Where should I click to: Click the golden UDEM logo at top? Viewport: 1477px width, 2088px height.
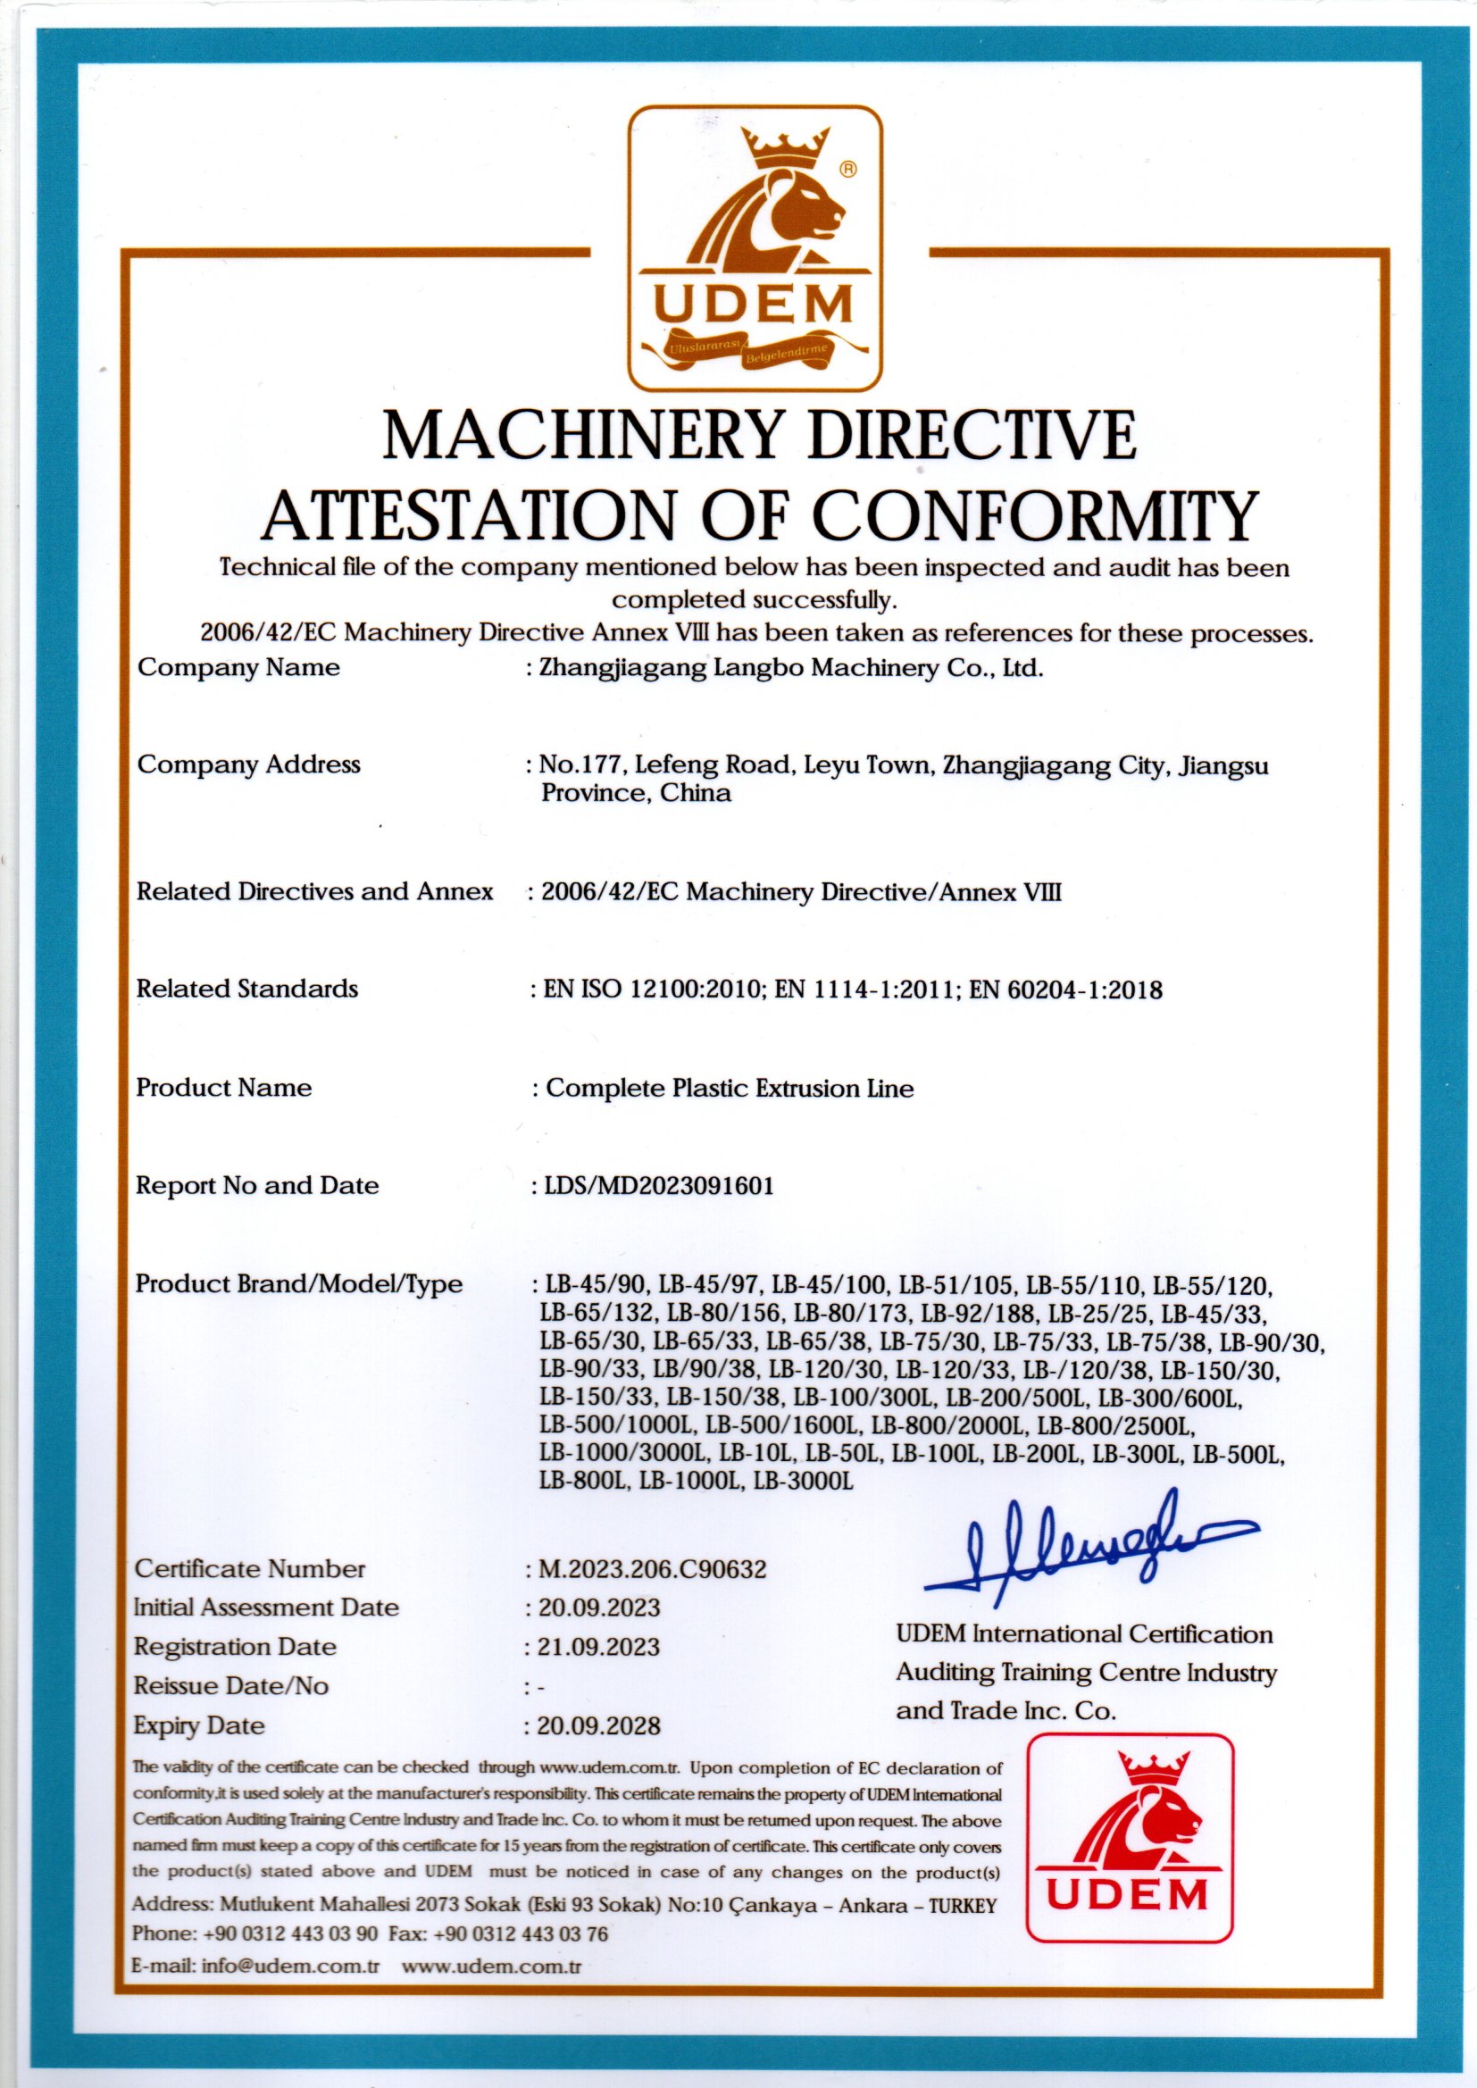tap(755, 247)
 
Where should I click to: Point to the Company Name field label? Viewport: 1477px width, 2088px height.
tap(238, 667)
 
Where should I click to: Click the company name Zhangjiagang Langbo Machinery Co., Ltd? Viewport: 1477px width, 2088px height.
tap(791, 668)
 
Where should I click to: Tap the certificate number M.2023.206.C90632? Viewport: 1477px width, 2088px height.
tap(652, 1569)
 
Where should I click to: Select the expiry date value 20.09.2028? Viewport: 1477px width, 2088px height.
tap(598, 1725)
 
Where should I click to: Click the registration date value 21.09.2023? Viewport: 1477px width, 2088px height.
tap(598, 1647)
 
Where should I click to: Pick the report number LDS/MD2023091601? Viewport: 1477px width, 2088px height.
tap(658, 1186)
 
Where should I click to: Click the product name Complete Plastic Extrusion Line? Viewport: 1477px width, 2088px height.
tap(730, 1089)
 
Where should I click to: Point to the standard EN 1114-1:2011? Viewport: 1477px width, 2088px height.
tap(864, 990)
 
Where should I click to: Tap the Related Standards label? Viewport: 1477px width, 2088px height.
tap(246, 989)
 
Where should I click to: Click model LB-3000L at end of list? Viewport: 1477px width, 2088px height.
tap(803, 1482)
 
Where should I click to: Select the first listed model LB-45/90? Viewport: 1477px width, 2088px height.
tap(596, 1285)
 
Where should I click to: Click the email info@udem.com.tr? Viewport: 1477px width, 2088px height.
tap(290, 1966)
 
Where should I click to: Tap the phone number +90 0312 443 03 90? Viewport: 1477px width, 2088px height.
tap(290, 1933)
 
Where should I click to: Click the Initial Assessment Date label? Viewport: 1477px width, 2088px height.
tap(265, 1607)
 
